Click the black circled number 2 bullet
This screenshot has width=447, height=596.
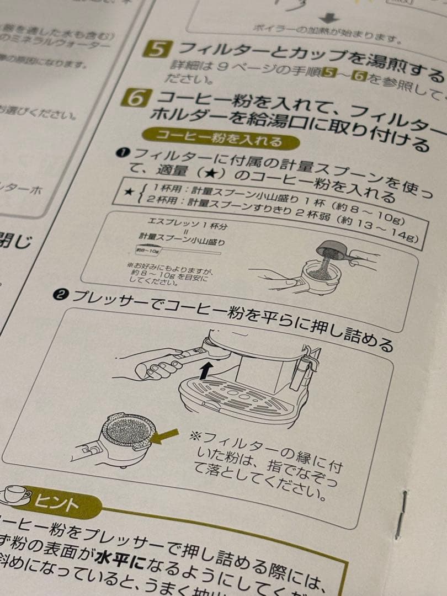(60, 296)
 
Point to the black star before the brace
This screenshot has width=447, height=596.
(129, 191)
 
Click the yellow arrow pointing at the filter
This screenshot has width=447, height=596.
(165, 437)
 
